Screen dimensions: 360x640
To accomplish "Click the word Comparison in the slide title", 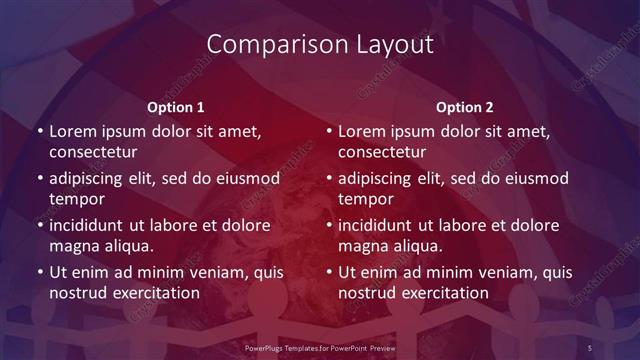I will [265, 45].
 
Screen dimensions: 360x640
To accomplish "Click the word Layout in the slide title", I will [397, 45].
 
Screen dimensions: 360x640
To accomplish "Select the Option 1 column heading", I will [176, 107].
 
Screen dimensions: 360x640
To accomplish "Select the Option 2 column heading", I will [465, 107].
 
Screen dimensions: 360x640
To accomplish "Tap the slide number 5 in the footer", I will [591, 347].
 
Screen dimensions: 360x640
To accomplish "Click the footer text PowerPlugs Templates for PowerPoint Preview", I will [319, 347].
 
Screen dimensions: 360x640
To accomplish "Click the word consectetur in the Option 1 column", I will [93, 152].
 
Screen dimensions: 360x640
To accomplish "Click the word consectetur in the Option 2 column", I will [382, 152].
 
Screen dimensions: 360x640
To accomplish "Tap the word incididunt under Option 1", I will [90, 226].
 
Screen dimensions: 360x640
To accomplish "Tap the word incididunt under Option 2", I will [379, 226].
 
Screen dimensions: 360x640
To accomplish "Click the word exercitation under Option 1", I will [156, 293].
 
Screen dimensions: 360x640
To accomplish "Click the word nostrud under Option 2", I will [368, 293].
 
